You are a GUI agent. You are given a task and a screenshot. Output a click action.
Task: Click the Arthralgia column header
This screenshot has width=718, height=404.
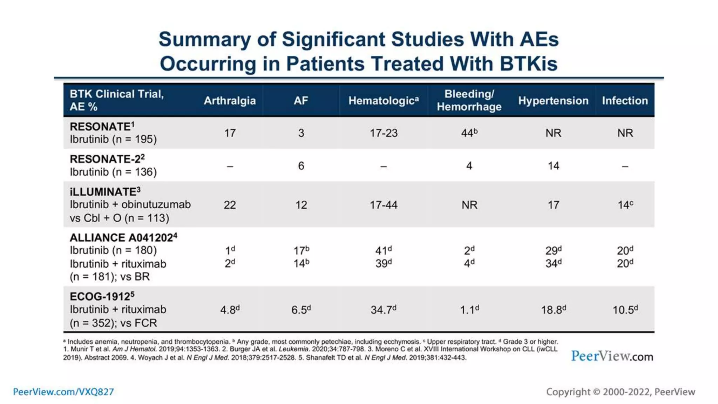point(230,101)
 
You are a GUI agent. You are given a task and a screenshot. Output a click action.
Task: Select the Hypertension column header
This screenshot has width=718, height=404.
point(553,101)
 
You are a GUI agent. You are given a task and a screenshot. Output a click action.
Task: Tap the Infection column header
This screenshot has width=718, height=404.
point(625,101)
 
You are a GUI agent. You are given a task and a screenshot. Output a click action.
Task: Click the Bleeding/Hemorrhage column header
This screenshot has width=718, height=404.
point(469,100)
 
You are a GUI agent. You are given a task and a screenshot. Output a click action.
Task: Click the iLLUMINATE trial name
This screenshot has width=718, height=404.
point(104,192)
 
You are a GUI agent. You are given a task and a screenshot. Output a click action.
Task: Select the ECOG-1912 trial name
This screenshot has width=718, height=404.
point(102,296)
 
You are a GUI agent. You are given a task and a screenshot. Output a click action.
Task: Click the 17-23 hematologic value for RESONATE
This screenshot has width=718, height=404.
point(384,133)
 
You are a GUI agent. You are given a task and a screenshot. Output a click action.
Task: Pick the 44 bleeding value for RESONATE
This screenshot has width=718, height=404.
point(469,133)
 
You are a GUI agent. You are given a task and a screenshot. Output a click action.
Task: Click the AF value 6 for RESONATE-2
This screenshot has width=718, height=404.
point(301,166)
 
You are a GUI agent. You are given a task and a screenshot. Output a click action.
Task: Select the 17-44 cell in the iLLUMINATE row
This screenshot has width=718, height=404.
point(384,205)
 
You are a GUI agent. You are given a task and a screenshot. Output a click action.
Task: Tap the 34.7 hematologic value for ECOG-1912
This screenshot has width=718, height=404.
point(383,310)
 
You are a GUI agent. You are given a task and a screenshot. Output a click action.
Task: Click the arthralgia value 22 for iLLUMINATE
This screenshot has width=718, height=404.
point(230,205)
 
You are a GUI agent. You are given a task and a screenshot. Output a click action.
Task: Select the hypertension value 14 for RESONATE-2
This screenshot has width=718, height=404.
point(553,166)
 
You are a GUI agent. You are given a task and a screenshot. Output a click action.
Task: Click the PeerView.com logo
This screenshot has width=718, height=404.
point(612,356)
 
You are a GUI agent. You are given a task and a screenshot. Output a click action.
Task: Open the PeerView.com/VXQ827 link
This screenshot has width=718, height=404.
point(63,392)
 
